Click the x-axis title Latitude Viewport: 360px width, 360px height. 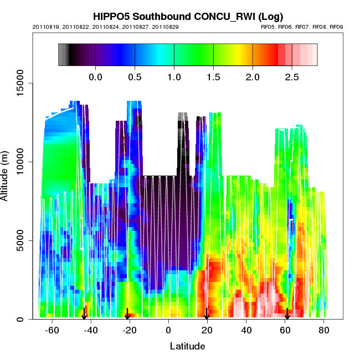pyautogui.click(x=187, y=347)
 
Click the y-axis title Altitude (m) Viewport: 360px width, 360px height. pyautogui.click(x=8, y=174)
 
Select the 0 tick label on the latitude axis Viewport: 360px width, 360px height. pyautogui.click(x=168, y=331)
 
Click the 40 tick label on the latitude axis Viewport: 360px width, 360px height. pyautogui.click(x=246, y=331)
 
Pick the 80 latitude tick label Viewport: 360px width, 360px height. pyautogui.click(x=324, y=331)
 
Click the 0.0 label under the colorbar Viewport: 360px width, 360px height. pyautogui.click(x=96, y=76)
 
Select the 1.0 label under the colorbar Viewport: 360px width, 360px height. pyautogui.click(x=174, y=76)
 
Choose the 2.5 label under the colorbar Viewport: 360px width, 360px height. pyautogui.click(x=292, y=76)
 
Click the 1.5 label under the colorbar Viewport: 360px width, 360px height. pyautogui.click(x=213, y=76)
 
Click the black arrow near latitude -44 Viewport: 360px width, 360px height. pyautogui.click(x=84, y=314)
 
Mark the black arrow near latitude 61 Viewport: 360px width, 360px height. pyautogui.click(x=287, y=314)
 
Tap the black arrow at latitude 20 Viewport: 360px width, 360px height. pyautogui.click(x=207, y=314)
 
